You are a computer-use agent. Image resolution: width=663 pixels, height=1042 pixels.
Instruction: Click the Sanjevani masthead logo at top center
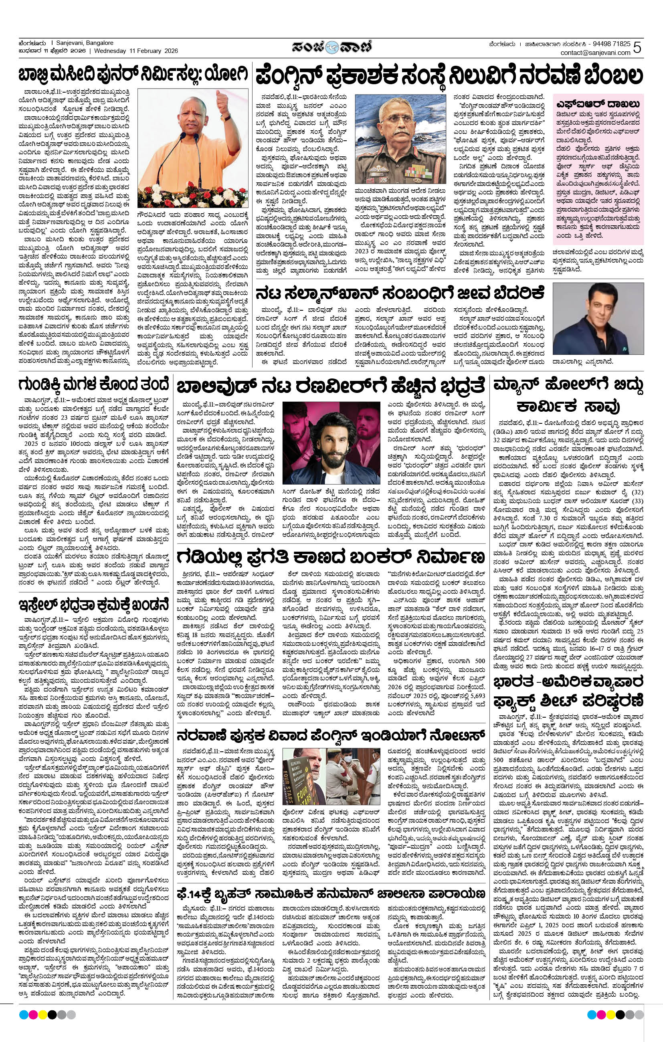331,46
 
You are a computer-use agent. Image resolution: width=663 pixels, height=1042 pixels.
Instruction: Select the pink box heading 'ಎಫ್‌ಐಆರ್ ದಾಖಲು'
598,104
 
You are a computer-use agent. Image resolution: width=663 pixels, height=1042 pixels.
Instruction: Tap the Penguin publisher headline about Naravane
449,76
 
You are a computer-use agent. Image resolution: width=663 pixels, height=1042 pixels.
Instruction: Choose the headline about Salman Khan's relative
400,294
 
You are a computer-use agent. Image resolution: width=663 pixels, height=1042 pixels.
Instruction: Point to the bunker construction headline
331,557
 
